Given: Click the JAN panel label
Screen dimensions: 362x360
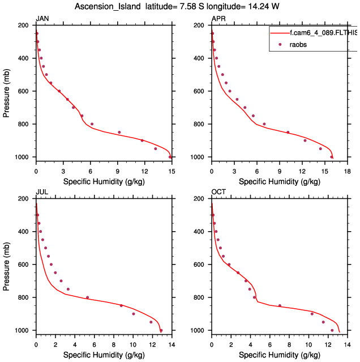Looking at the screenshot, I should [42, 19].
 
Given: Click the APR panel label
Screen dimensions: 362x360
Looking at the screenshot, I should [217, 19].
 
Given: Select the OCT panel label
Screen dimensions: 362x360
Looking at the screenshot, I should [218, 192].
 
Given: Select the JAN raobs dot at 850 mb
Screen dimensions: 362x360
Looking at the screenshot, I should [119, 132].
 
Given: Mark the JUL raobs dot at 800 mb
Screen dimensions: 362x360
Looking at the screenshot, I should [87, 297].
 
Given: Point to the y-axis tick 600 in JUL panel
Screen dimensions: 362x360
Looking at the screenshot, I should [24, 265].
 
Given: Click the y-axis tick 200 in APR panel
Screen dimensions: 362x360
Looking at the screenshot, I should [200, 25].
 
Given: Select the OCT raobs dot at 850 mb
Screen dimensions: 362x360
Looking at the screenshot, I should [280, 305].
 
